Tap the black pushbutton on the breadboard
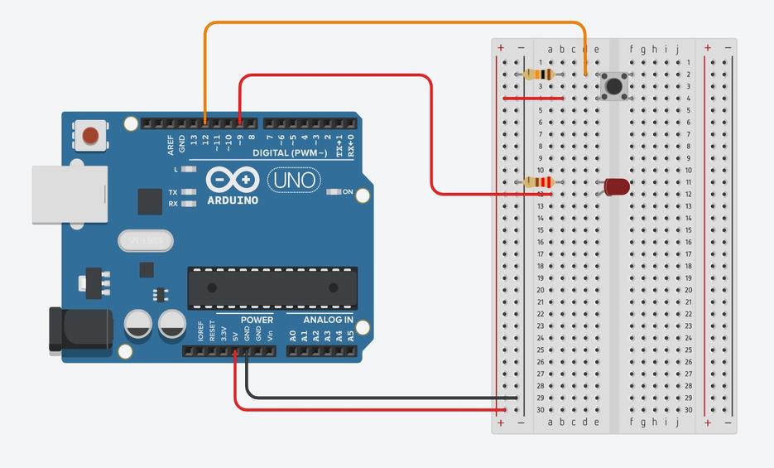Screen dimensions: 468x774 point(613,85)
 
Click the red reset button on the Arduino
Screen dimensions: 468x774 point(90,135)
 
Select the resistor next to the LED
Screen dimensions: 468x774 point(539,182)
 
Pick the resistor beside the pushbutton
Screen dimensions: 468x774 point(539,75)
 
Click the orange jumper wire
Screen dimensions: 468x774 point(397,22)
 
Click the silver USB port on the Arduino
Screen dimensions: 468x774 point(70,194)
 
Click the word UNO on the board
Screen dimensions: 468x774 point(291,179)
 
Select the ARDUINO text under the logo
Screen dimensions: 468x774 point(232,200)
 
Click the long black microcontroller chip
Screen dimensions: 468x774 point(272,287)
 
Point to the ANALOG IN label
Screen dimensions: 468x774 point(328,320)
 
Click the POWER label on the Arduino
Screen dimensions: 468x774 point(257,320)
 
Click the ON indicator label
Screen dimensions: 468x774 point(348,192)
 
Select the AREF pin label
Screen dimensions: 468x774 point(171,146)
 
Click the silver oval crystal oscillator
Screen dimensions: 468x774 point(146,240)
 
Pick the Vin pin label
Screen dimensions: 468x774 point(270,336)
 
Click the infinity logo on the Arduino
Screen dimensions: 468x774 point(233,180)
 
